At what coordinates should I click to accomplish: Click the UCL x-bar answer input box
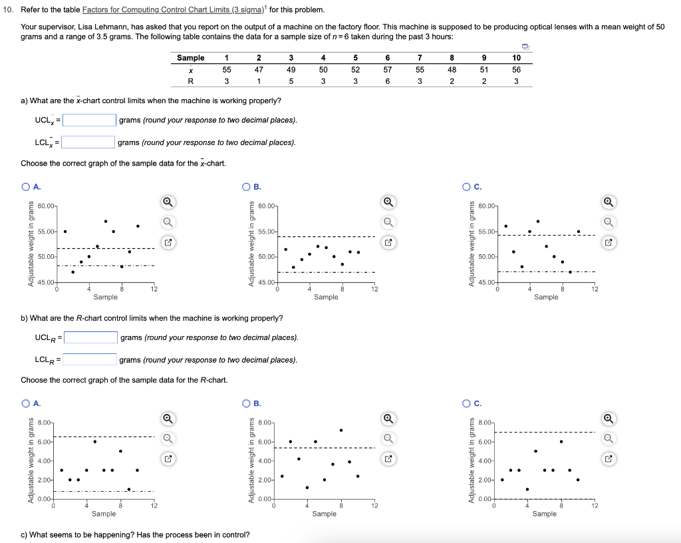click(90, 120)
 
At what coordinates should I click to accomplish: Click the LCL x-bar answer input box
click(88, 142)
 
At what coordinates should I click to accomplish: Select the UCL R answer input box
click(91, 337)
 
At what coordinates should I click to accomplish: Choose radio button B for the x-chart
click(247, 186)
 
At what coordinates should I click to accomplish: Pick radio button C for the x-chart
click(468, 186)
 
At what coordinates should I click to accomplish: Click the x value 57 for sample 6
click(388, 69)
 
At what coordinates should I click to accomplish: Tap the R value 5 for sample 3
click(291, 81)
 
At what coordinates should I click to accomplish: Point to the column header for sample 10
click(517, 58)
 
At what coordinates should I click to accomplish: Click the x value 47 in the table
click(259, 69)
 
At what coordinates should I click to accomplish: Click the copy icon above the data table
click(525, 46)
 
